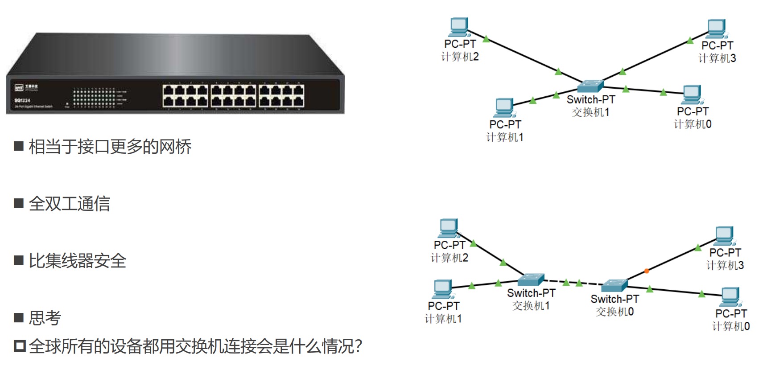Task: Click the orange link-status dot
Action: point(646,271)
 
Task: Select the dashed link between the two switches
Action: point(573,283)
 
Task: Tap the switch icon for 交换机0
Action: point(614,285)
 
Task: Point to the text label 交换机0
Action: point(615,312)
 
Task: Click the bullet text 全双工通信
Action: point(70,204)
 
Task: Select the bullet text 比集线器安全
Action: point(78,261)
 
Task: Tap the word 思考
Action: point(45,318)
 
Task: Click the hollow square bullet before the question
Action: point(19,346)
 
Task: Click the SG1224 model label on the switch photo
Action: point(22,100)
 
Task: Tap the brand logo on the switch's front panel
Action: point(19,87)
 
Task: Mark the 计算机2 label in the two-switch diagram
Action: point(450,258)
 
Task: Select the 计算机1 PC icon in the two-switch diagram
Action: point(442,289)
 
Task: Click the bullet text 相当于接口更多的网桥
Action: point(110,147)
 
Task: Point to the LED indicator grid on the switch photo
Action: point(94,98)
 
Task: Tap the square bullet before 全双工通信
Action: point(19,204)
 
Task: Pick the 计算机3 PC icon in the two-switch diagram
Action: point(725,236)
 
